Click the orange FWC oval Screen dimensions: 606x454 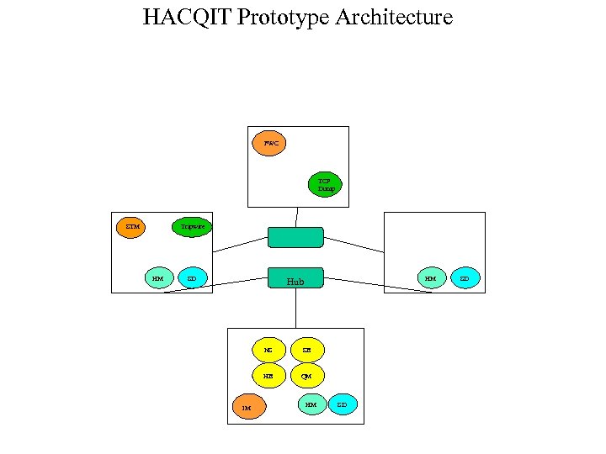point(269,143)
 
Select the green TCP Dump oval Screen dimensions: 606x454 point(325,185)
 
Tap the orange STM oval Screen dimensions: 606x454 point(130,227)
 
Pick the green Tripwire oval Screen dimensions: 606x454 point(192,227)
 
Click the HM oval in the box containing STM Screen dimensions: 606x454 point(158,277)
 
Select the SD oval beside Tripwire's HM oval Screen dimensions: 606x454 point(192,277)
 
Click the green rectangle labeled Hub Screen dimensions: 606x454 point(295,278)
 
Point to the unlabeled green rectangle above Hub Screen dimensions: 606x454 point(295,237)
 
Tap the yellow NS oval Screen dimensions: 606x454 point(268,350)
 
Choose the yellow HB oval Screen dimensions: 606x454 point(268,376)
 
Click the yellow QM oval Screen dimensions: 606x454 point(306,376)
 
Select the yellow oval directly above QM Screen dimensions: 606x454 point(306,350)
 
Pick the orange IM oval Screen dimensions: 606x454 point(247,408)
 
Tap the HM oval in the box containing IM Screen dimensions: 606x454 point(311,404)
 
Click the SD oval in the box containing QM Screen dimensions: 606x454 point(342,404)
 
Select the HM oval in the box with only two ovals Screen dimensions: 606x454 point(431,277)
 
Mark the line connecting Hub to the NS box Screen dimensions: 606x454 point(295,308)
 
